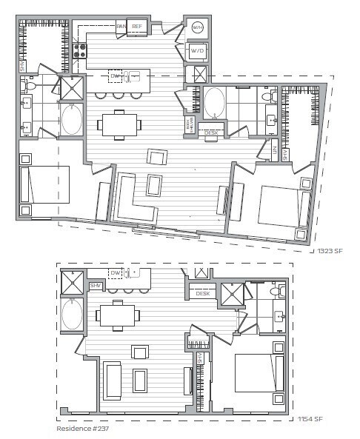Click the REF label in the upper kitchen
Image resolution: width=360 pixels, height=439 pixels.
(x=137, y=27)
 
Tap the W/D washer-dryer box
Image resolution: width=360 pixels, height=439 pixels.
(x=197, y=51)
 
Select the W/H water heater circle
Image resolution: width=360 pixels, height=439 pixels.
(x=197, y=27)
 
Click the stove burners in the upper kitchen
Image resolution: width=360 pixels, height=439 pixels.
(x=79, y=53)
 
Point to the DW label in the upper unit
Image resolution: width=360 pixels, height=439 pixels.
(x=115, y=76)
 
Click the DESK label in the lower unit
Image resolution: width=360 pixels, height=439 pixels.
(x=202, y=294)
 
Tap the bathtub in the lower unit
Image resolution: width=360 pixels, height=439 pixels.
(x=73, y=314)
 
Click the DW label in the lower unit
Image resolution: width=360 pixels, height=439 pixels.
(x=115, y=273)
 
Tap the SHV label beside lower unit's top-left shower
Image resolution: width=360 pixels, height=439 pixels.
(x=96, y=286)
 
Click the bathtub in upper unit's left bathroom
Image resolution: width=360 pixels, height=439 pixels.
(x=71, y=119)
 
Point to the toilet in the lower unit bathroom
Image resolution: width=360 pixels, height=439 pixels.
(x=276, y=293)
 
